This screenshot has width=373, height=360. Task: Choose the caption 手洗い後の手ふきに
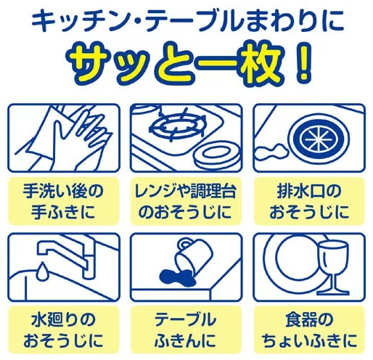click(x=63, y=202)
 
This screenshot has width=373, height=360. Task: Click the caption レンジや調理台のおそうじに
click(x=186, y=202)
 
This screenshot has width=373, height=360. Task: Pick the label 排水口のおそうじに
click(x=309, y=202)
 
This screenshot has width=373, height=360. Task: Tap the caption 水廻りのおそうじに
click(x=63, y=330)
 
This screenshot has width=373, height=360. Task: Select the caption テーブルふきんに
click(x=186, y=330)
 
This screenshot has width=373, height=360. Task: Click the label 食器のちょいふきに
click(x=309, y=330)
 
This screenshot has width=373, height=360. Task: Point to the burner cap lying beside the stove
click(x=216, y=157)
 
